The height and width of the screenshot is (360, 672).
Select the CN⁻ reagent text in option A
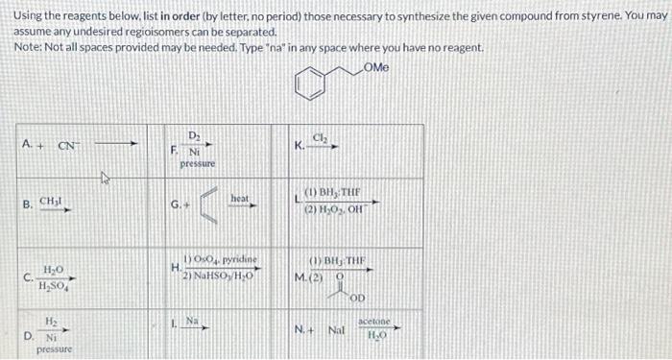[x=68, y=146]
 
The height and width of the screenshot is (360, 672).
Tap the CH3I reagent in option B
[x=53, y=204]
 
